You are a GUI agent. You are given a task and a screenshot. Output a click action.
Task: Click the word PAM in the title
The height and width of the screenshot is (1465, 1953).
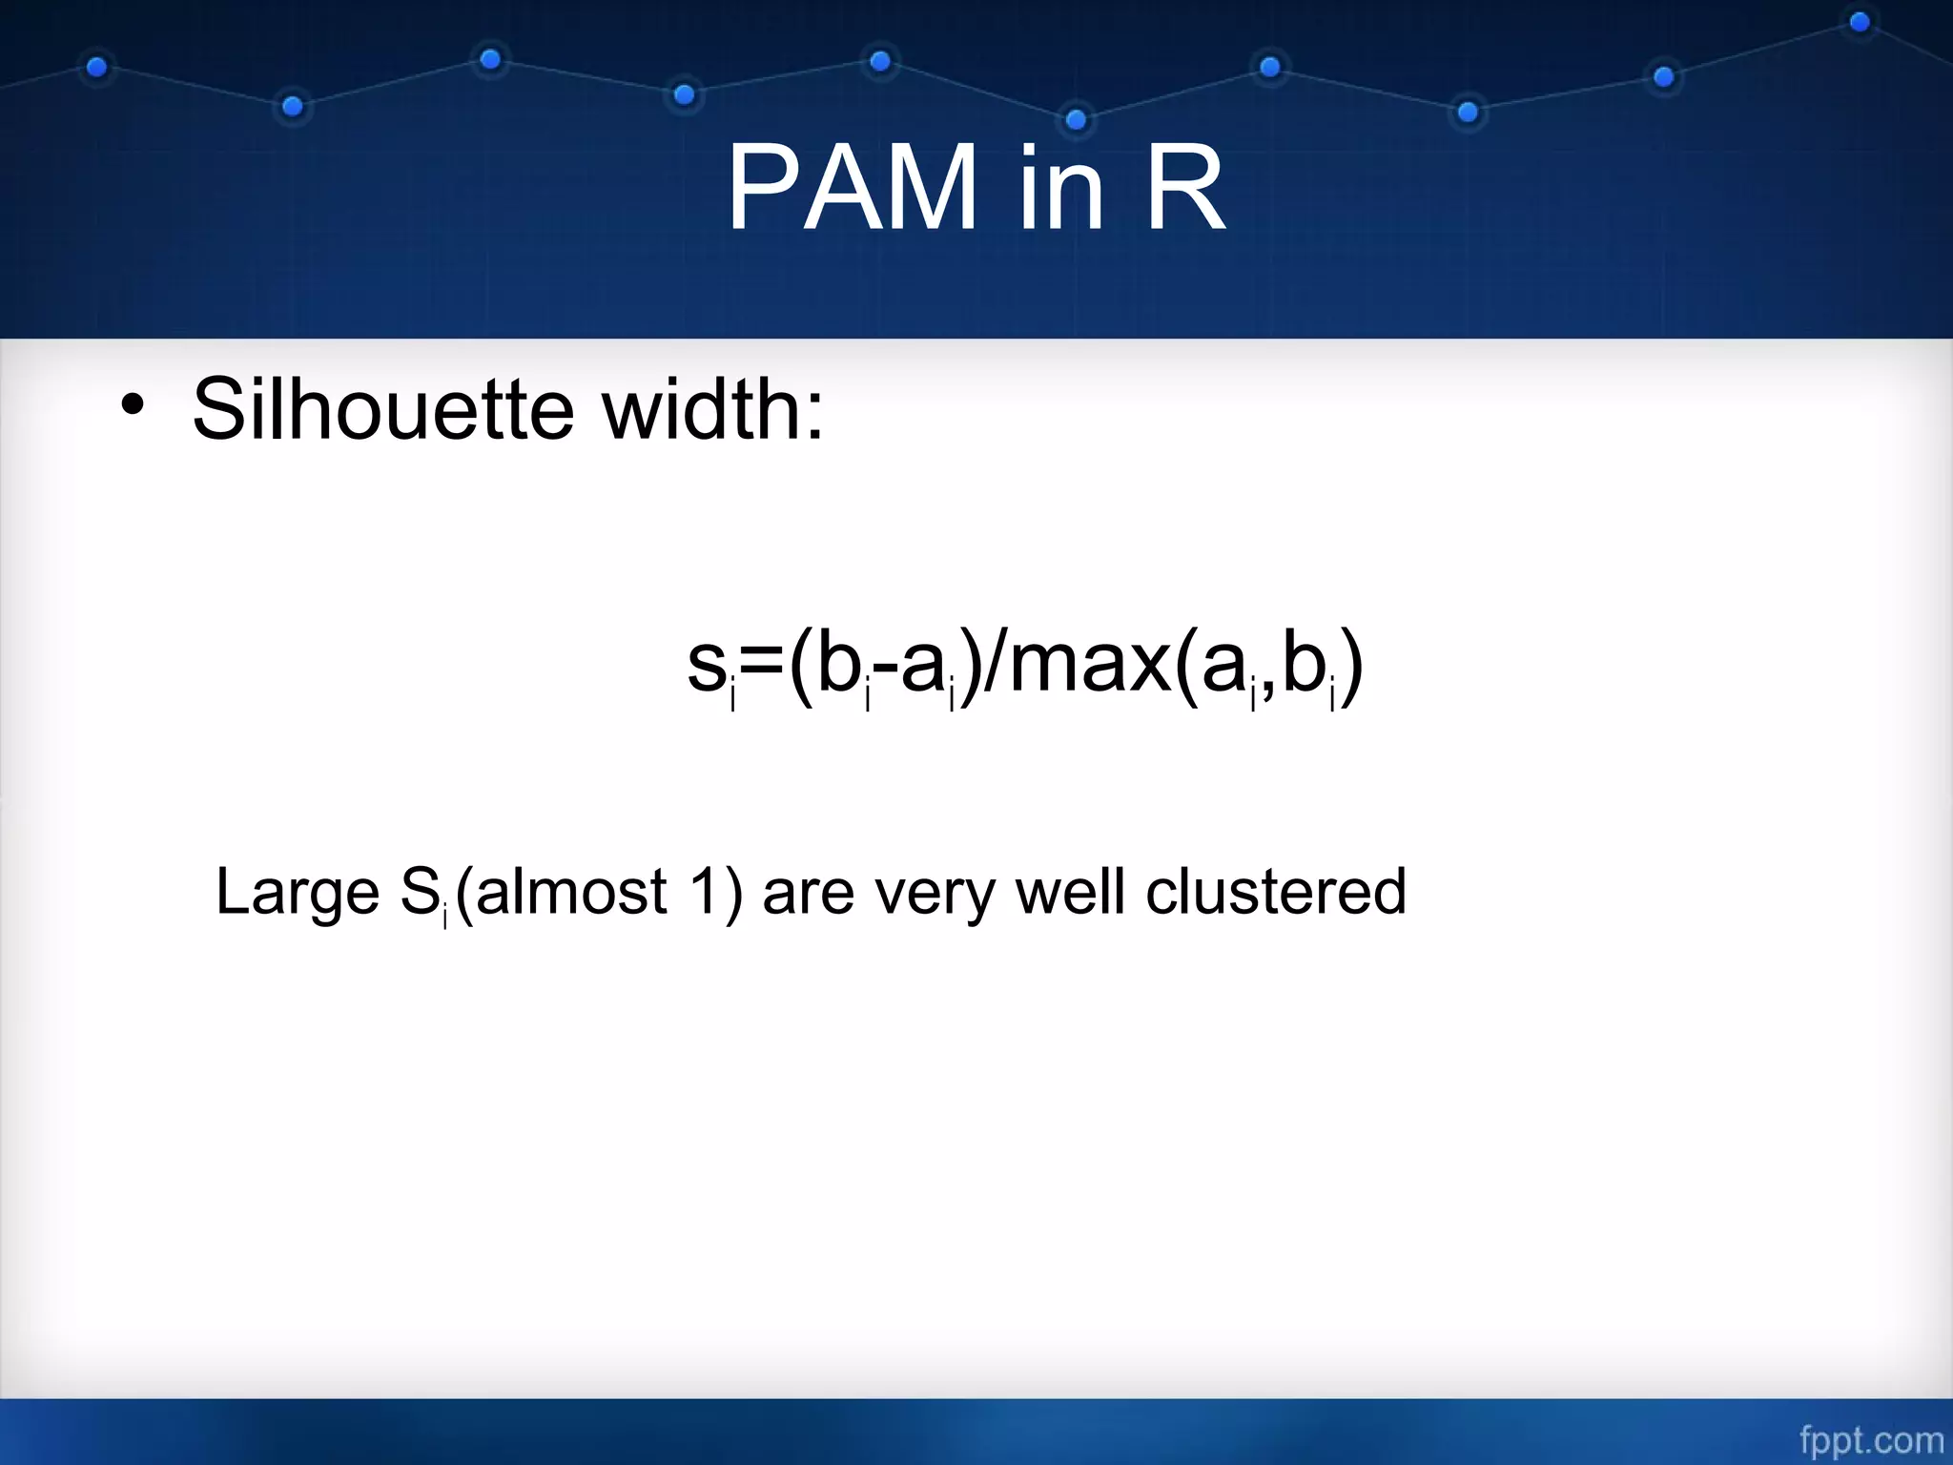852,188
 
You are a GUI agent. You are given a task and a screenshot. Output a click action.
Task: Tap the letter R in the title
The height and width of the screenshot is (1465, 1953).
1185,188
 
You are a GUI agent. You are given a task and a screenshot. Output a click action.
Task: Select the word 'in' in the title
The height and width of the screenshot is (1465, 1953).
1060,188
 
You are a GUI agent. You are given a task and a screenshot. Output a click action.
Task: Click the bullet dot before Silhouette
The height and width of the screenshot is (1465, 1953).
133,408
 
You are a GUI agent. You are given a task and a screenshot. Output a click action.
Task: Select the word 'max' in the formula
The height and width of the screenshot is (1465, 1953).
1089,665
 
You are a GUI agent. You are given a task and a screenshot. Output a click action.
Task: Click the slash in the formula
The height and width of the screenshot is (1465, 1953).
993,665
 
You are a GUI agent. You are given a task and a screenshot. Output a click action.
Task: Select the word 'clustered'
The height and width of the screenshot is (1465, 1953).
1275,892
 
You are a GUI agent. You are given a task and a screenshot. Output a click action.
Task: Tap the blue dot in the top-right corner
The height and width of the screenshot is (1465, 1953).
1860,21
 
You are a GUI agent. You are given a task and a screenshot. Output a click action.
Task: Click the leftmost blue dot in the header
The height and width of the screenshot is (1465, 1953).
96,68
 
